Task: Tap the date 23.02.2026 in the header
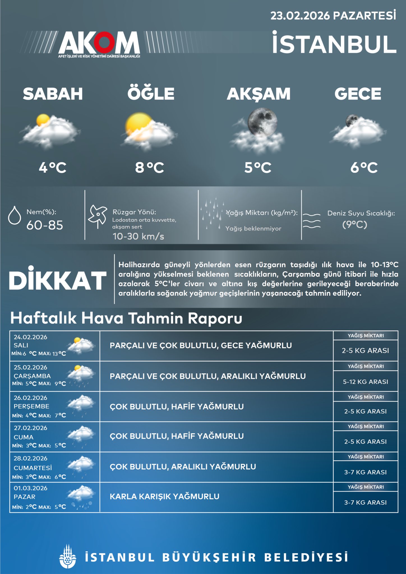[300, 16]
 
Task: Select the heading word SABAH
[53, 94]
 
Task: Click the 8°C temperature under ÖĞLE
[149, 168]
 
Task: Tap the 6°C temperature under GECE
[364, 168]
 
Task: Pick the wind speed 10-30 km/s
[138, 236]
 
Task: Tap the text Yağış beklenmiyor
[253, 229]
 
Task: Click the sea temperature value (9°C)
[354, 225]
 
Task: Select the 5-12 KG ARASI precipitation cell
[365, 382]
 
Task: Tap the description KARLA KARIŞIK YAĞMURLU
[165, 497]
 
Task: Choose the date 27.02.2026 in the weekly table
[30, 428]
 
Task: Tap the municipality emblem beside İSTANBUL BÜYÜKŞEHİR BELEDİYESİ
[68, 557]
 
